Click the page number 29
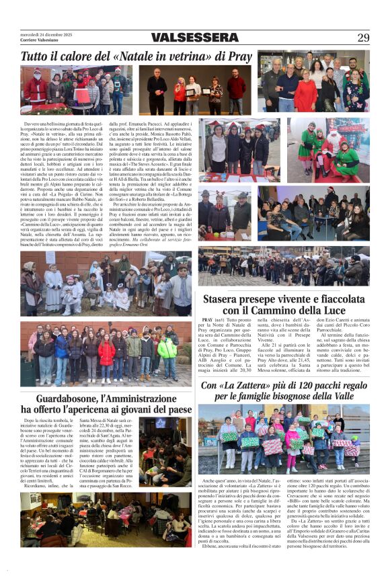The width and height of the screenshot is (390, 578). click(363, 38)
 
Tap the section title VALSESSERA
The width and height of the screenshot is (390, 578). click(194, 38)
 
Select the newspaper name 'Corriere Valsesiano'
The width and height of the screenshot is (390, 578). click(39, 40)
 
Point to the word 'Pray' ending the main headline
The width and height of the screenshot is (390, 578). click(239, 57)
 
